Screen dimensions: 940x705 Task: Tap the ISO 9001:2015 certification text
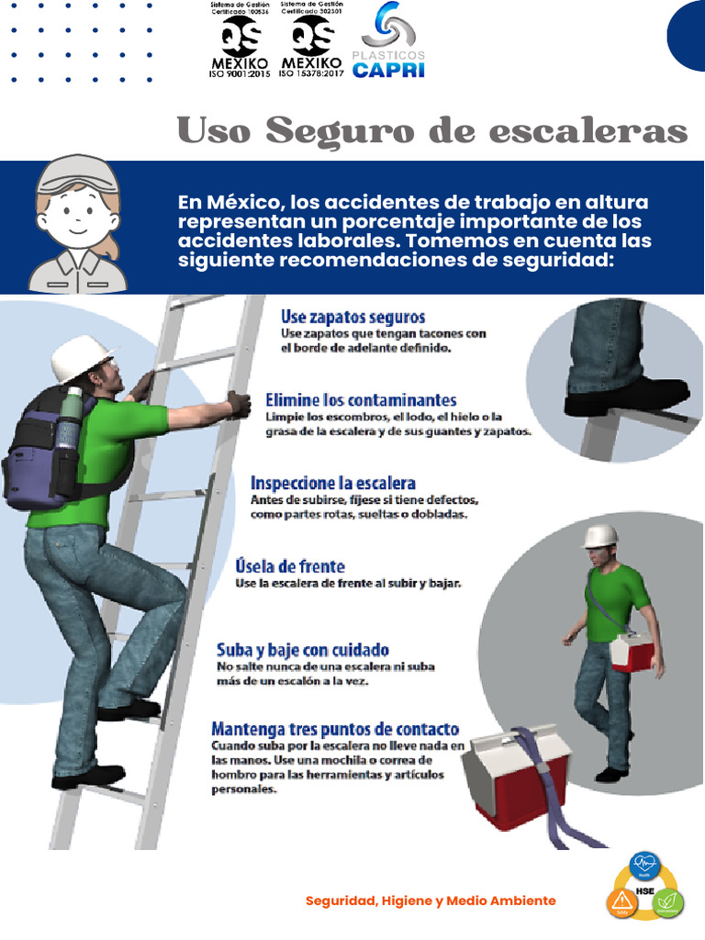tap(240, 73)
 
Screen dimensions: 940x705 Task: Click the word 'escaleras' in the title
tap(587, 131)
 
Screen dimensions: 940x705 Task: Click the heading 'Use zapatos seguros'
tap(352, 317)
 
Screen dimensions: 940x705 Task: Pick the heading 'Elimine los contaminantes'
tap(361, 400)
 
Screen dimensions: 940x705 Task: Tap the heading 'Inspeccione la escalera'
tap(332, 483)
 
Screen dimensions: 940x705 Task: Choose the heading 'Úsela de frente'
tap(290, 565)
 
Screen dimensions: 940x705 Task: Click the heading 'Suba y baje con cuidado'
tap(302, 649)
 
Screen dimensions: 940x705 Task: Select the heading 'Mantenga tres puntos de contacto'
tap(335, 730)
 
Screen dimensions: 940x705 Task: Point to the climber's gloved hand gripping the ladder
tap(239, 404)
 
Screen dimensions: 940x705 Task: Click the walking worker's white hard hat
tap(600, 535)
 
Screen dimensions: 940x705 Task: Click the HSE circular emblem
tap(644, 887)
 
